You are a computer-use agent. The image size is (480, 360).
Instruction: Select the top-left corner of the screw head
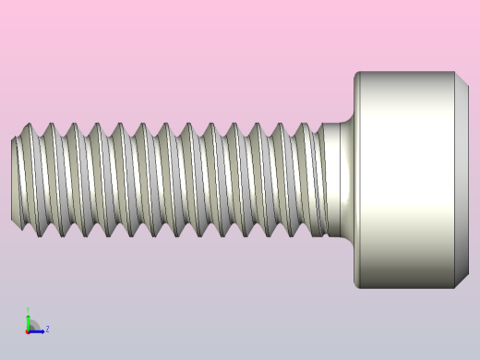point(357,74)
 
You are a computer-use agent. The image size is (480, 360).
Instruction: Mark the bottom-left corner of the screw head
point(357,286)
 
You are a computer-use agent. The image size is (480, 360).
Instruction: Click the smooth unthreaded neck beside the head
point(338,180)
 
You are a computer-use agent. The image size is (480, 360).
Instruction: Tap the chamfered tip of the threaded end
point(15,180)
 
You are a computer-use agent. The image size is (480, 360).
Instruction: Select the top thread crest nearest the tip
point(29,126)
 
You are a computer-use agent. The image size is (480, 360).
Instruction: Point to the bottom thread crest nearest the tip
point(41,235)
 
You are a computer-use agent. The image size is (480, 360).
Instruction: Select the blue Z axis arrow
point(38,330)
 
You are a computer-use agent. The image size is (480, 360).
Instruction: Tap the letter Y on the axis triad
point(28,311)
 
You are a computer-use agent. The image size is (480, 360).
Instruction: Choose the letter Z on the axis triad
point(47,329)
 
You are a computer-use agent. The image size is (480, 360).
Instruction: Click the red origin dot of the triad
point(29,330)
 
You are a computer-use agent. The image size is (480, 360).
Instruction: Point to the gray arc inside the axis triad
point(33,325)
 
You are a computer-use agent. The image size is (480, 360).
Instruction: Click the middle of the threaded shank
point(166,180)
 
